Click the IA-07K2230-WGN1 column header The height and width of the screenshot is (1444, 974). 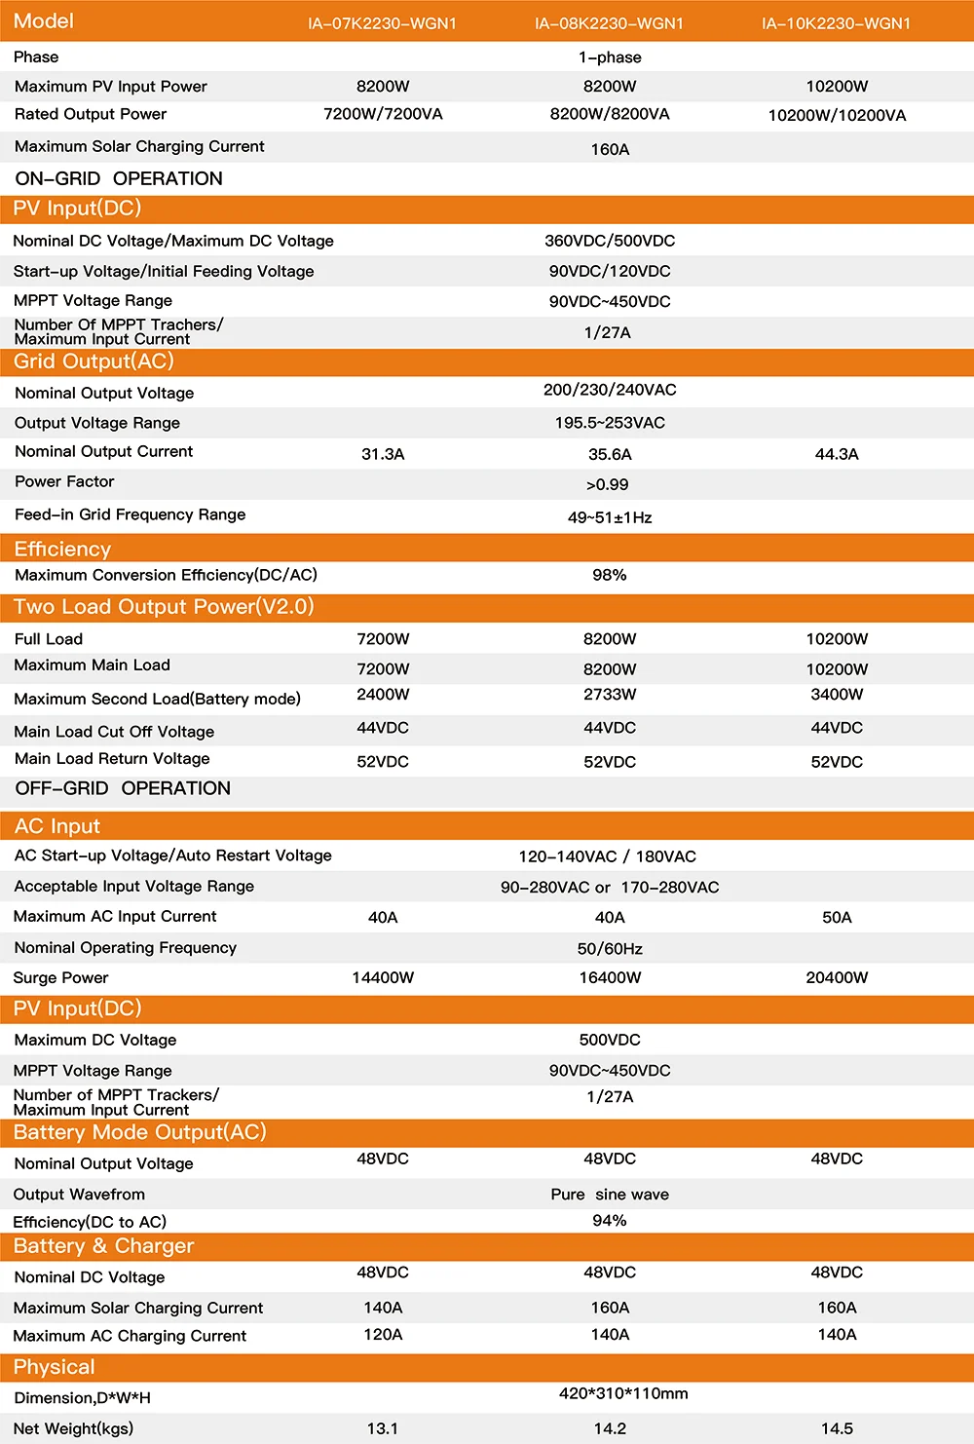pyautogui.click(x=382, y=23)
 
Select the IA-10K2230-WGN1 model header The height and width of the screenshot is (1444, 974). pyautogui.click(x=836, y=23)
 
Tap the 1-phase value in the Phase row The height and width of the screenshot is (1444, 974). pyautogui.click(x=610, y=57)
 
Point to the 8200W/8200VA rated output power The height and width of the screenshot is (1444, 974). pyautogui.click(x=610, y=114)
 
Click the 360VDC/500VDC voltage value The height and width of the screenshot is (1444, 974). pyautogui.click(x=610, y=241)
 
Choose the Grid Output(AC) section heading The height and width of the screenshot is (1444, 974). pyautogui.click(x=94, y=361)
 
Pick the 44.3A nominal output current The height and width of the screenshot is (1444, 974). pyautogui.click(x=837, y=454)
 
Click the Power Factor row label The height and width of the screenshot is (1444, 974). pyautogui.click(x=64, y=481)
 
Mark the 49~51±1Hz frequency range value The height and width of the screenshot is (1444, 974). pyautogui.click(x=610, y=517)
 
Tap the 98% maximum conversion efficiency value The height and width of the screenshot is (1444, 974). pyautogui.click(x=610, y=575)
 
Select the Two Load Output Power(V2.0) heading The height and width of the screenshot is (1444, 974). pyautogui.click(x=164, y=607)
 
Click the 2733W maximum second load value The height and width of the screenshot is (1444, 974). pyautogui.click(x=610, y=695)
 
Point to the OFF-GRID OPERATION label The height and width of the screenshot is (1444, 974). pyautogui.click(x=123, y=788)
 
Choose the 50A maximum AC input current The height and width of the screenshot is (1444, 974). pyautogui.click(x=837, y=917)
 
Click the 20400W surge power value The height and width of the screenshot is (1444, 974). pyautogui.click(x=837, y=977)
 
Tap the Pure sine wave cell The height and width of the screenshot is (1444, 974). pyautogui.click(x=610, y=1195)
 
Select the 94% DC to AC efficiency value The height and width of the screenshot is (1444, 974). pyautogui.click(x=610, y=1221)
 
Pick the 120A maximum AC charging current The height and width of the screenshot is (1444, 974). pyautogui.click(x=383, y=1335)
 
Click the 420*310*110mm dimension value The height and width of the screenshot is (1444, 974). pyautogui.click(x=623, y=1393)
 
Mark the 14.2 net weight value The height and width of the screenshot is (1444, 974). pyautogui.click(x=610, y=1428)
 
